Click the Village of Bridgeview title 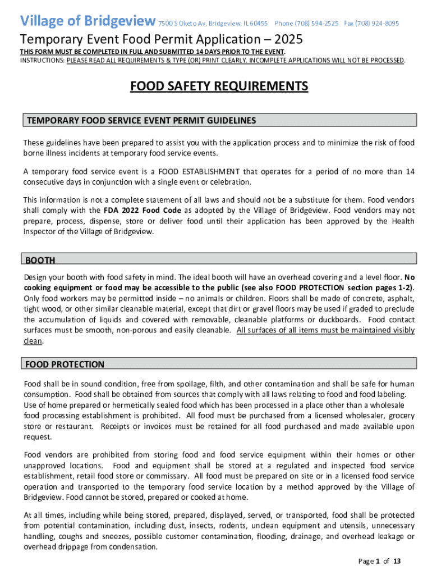click(x=88, y=21)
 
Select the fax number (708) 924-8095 click(x=371, y=24)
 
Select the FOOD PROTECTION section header click(x=65, y=364)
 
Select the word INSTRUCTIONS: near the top click(x=42, y=60)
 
